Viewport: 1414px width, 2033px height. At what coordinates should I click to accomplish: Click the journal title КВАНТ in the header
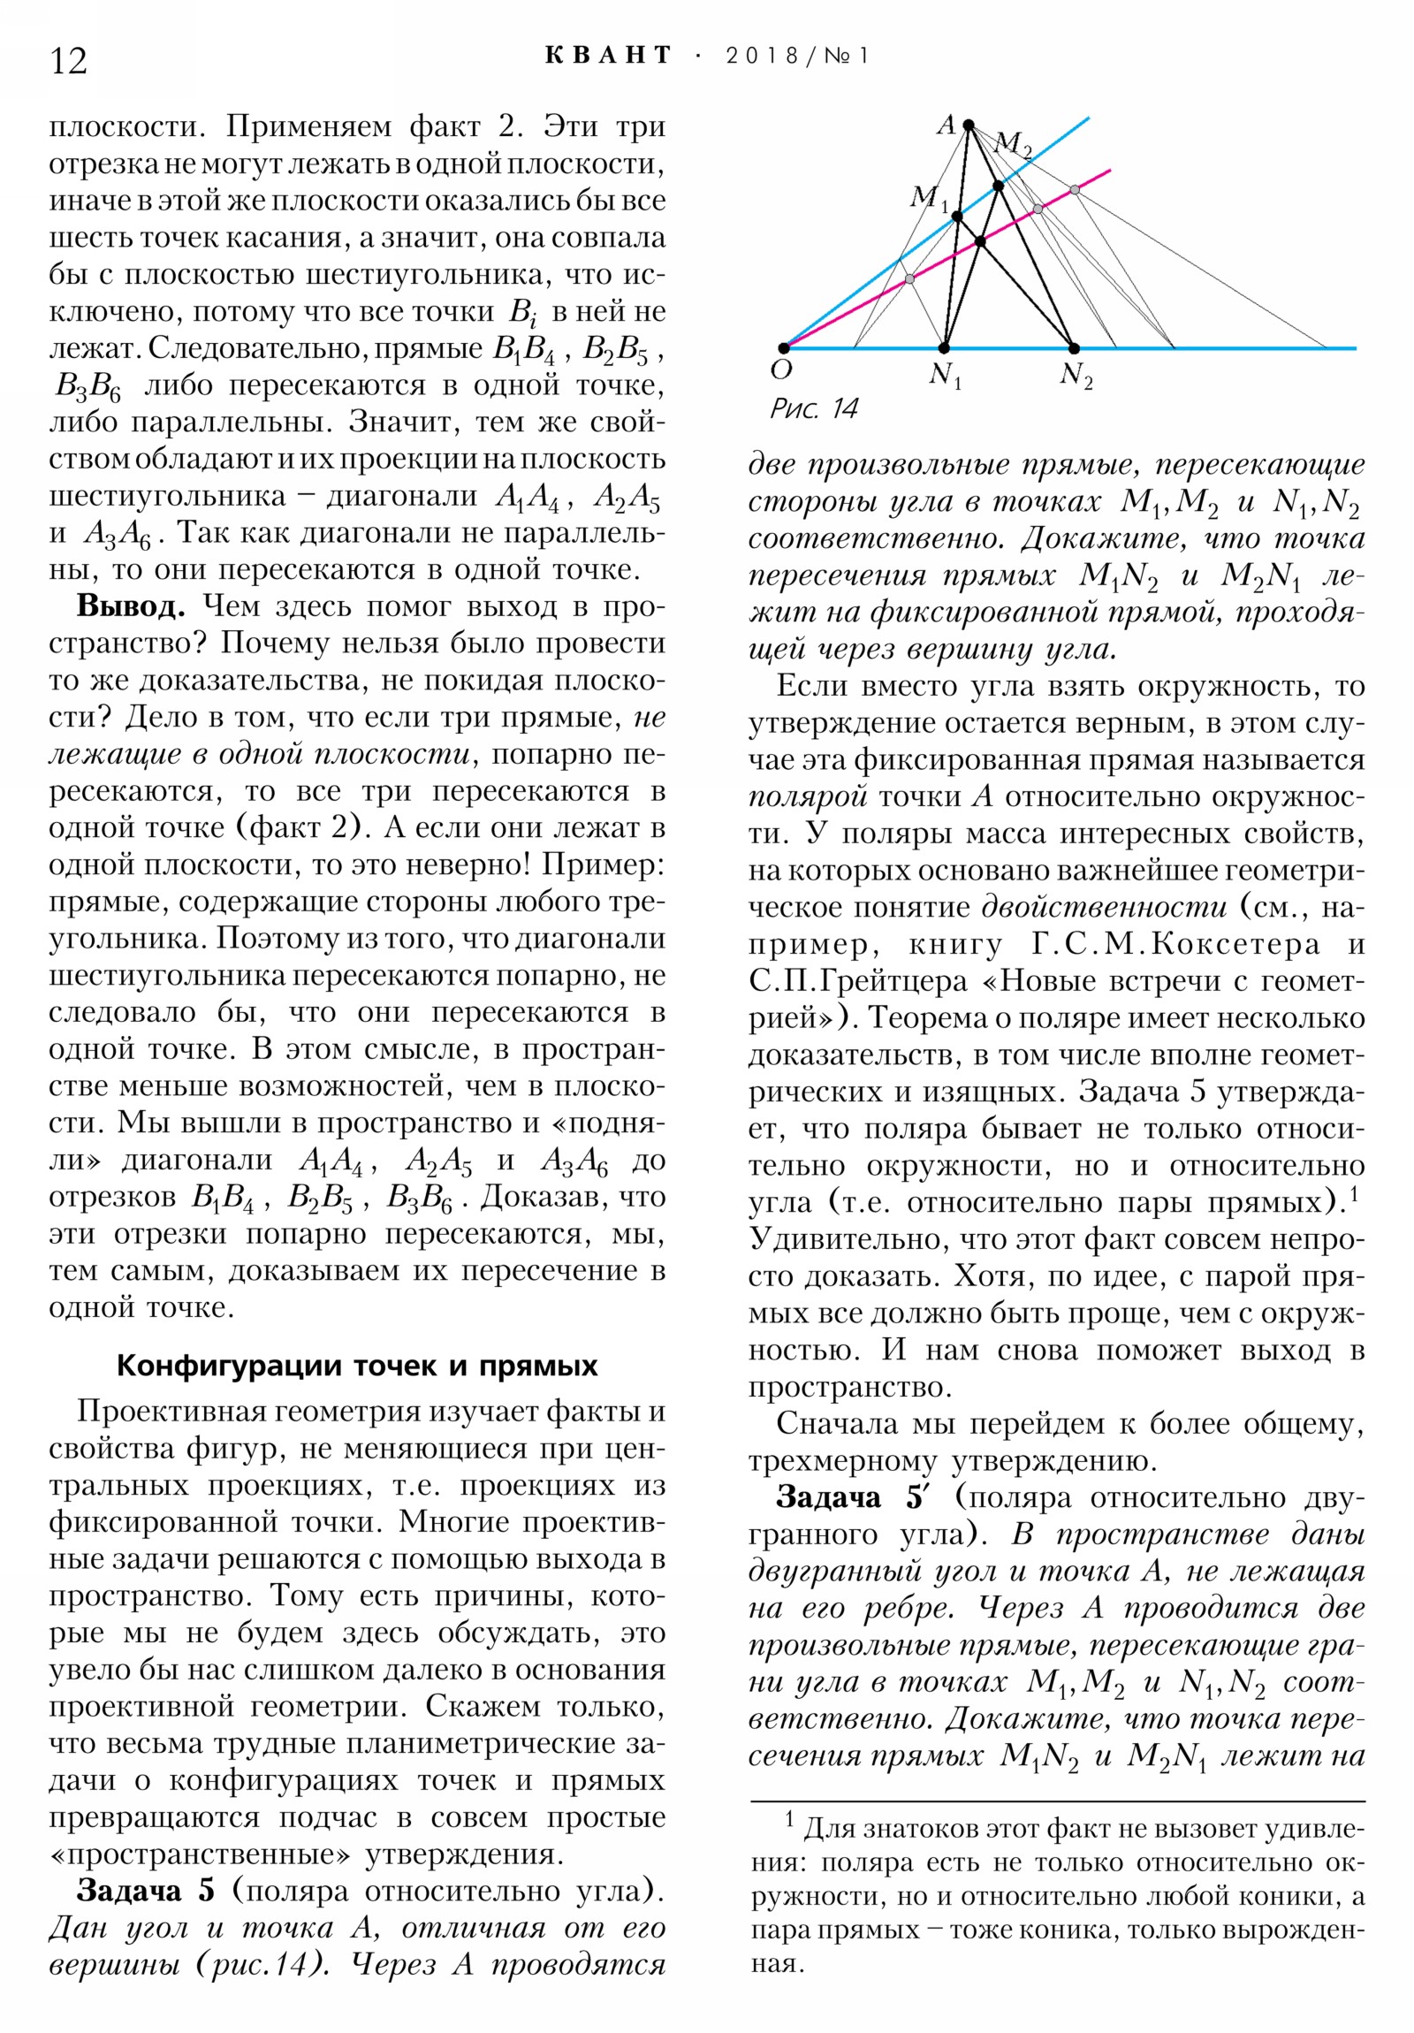coord(608,55)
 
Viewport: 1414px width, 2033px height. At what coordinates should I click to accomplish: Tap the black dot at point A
coord(969,124)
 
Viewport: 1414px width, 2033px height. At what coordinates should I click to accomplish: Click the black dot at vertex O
coord(784,348)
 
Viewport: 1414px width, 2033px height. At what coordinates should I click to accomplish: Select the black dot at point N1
coord(945,348)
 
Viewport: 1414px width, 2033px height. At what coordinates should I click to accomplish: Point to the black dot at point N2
coord(1074,348)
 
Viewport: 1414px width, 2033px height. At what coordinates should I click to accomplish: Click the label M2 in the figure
coord(1014,142)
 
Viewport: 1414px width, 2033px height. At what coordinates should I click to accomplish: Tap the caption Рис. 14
coord(814,408)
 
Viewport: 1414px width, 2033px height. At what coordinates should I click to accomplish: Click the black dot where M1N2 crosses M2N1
coord(980,240)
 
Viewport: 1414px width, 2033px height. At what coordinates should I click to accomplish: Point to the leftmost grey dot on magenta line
coord(909,279)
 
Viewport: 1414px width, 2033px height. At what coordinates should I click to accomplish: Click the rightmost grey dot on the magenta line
coord(1074,189)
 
